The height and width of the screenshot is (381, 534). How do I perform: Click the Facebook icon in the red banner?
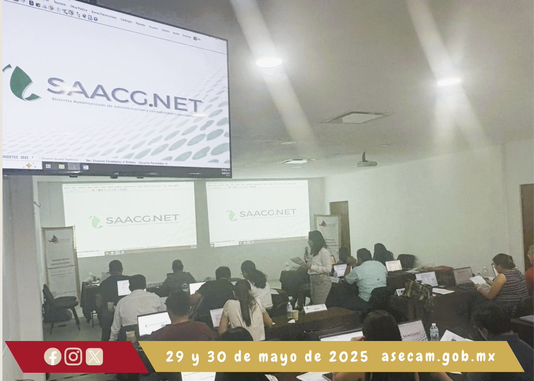pyautogui.click(x=53, y=357)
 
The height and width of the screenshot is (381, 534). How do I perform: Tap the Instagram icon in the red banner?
pyautogui.click(x=73, y=357)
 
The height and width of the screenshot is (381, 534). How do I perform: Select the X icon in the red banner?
pyautogui.click(x=94, y=357)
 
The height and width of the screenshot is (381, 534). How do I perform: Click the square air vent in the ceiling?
pyautogui.click(x=355, y=118)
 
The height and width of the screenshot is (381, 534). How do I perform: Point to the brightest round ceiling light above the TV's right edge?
pyautogui.click(x=269, y=62)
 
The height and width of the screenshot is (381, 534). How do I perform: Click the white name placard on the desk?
pyautogui.click(x=315, y=308)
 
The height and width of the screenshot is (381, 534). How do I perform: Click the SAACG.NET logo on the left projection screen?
pyautogui.click(x=135, y=219)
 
